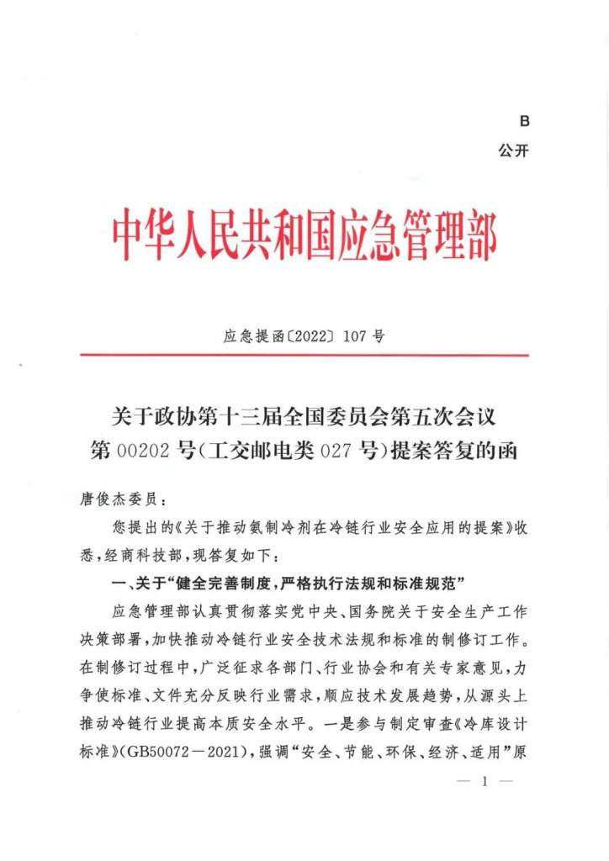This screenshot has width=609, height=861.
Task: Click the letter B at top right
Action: coord(524,122)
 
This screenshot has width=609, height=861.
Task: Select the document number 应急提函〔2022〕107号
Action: coord(304,337)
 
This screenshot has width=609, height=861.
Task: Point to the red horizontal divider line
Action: coord(304,355)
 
